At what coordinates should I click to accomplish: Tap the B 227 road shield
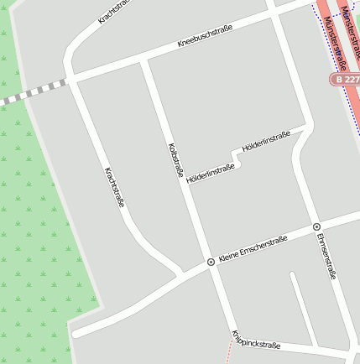(x=344, y=79)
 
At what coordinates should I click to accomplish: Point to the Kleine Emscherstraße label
(x=252, y=251)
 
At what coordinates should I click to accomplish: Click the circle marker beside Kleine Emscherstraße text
(x=211, y=263)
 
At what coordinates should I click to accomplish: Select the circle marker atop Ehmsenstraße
(x=316, y=226)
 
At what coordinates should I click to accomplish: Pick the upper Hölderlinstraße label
(x=266, y=141)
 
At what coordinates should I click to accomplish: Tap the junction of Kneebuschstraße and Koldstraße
(x=143, y=61)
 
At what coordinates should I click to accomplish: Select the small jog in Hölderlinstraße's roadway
(x=233, y=159)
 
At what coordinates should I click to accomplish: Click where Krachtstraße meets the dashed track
(x=70, y=81)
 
